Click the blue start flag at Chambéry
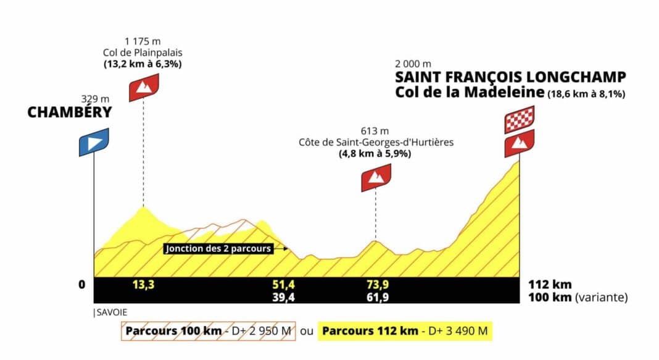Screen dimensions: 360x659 coord(94,142)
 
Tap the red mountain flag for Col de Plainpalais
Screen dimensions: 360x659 coord(144,87)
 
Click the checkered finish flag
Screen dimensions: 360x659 coord(519,120)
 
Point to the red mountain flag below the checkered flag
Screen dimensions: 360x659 coord(519,143)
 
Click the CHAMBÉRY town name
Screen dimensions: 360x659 coord(69,112)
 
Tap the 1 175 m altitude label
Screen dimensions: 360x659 coord(144,42)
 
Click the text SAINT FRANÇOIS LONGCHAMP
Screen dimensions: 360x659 coord(511,78)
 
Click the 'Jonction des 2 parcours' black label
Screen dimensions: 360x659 coord(218,249)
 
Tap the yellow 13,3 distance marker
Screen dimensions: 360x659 coord(143,285)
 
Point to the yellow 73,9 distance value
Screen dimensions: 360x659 coord(377,285)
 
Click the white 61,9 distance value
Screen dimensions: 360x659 coord(377,297)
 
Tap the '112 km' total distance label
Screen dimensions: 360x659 coord(550,285)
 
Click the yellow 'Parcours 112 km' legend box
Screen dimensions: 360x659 coord(404,331)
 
